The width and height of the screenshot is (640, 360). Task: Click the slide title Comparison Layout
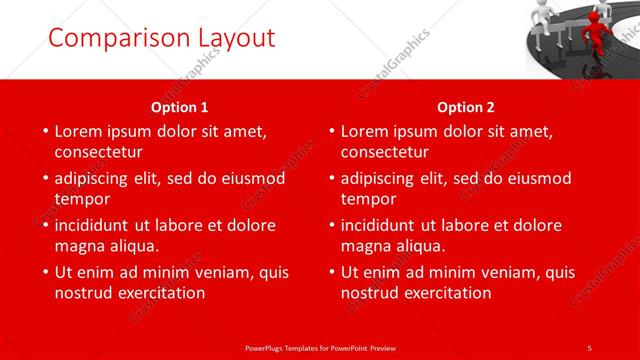pos(161,38)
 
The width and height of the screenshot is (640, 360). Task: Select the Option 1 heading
pos(180,106)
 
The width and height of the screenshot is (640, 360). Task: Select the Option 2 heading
pos(466,106)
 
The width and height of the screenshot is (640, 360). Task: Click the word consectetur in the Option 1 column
pos(98,152)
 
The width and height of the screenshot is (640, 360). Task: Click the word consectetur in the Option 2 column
pos(384,152)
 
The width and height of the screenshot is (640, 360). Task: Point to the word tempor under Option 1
pos(81,199)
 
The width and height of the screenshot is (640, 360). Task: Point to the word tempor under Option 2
pos(367,199)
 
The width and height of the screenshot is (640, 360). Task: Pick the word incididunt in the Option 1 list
pos(98,225)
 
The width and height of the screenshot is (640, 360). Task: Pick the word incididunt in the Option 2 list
pos(384,225)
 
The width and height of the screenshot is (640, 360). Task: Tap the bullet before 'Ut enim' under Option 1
pos(44,272)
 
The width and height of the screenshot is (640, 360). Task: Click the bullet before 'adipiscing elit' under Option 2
pos(330,178)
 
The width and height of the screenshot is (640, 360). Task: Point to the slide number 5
pos(589,347)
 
